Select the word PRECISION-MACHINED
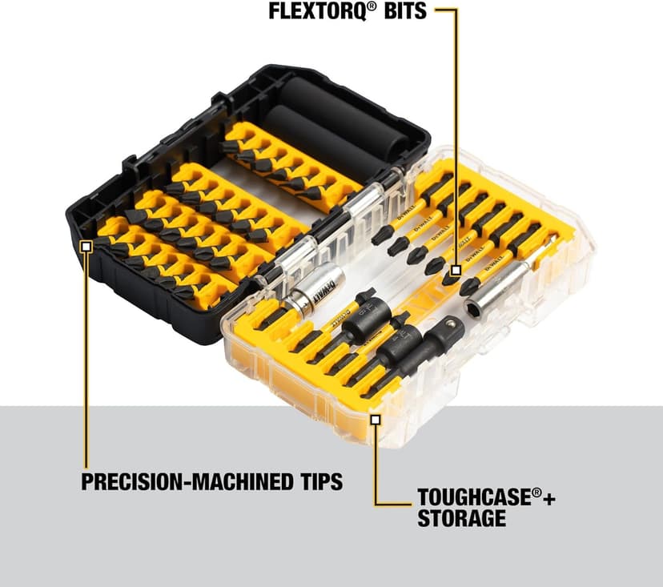click(185, 482)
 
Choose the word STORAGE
click(461, 518)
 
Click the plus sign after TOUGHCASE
click(548, 497)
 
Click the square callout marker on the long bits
click(455, 271)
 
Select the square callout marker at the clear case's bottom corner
click(375, 417)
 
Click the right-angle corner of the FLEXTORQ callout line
click(456, 11)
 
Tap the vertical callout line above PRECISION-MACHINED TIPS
click(86, 360)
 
